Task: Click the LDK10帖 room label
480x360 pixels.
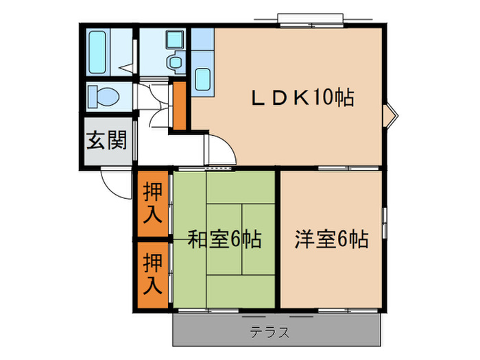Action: [301, 98]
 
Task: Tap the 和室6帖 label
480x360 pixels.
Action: [224, 240]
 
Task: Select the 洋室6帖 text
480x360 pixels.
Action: [332, 240]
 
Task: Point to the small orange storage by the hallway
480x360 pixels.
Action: [179, 106]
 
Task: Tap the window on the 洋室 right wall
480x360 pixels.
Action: [384, 219]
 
